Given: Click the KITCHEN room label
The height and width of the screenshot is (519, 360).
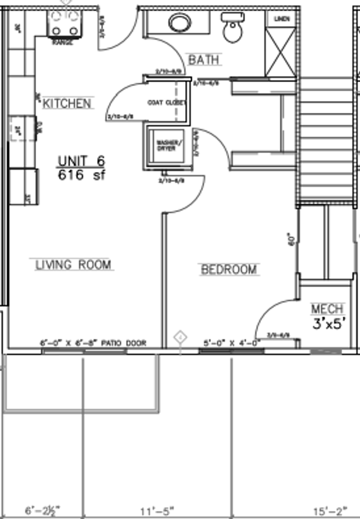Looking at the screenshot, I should pyautogui.click(x=68, y=103).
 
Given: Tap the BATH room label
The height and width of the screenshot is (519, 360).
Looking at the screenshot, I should pyautogui.click(x=204, y=59).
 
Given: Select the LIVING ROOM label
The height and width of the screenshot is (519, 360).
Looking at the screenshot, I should pyautogui.click(x=73, y=265).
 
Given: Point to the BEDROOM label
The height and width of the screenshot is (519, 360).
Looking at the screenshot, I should pyautogui.click(x=229, y=269).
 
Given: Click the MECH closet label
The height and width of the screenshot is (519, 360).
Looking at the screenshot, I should pyautogui.click(x=327, y=309).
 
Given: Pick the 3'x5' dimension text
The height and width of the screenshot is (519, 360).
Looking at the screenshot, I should pyautogui.click(x=329, y=324).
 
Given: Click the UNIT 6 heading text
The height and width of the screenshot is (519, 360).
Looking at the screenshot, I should pyautogui.click(x=82, y=161).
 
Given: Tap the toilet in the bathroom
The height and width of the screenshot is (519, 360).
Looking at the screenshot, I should pyautogui.click(x=233, y=28).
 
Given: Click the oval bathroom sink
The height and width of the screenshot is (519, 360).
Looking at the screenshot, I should pyautogui.click(x=179, y=23).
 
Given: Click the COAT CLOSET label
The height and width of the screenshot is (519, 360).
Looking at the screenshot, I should pyautogui.click(x=166, y=102).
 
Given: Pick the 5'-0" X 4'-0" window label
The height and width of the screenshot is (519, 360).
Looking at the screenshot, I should pyautogui.click(x=232, y=343).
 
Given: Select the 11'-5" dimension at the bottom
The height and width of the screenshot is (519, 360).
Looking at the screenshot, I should pyautogui.click(x=158, y=510).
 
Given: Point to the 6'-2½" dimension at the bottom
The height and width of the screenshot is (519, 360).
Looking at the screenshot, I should pyautogui.click(x=42, y=510).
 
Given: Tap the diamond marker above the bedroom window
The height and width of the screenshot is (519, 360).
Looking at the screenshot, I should pyautogui.click(x=179, y=338).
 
